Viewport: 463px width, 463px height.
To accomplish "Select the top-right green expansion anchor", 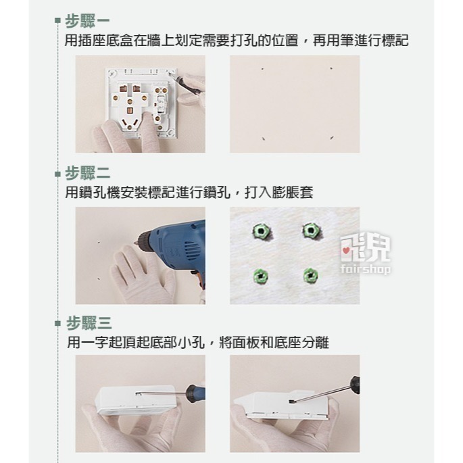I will (x=310, y=232).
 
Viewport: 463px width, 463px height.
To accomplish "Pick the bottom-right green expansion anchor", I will (x=310, y=274).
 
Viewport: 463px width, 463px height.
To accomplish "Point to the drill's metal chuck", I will (x=144, y=237).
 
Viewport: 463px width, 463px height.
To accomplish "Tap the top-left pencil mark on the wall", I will (x=262, y=68).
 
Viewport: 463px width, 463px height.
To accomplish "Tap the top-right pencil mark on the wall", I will (x=331, y=68).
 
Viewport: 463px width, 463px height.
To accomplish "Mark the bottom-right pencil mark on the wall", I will (x=331, y=137).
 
